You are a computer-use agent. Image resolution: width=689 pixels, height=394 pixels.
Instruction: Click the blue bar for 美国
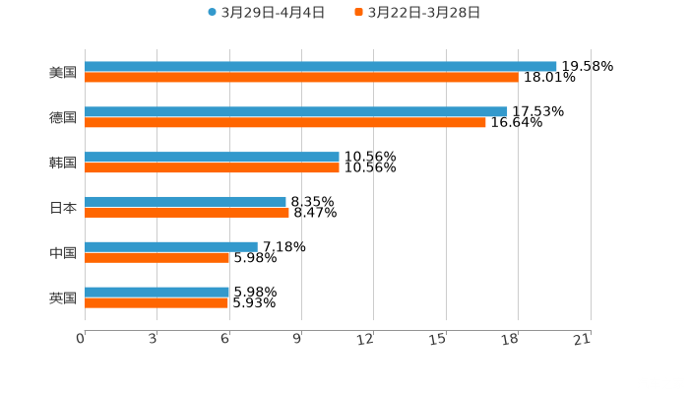coord(320,66)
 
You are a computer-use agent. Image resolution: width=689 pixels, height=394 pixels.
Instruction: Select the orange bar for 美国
coord(301,77)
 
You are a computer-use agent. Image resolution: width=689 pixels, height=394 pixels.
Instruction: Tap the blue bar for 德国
coord(295,111)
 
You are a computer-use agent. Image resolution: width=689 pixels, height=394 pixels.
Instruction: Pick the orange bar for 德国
coord(285,122)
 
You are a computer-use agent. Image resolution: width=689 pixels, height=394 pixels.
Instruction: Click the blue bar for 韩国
coord(212,157)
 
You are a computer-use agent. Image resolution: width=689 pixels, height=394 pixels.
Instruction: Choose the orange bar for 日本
coord(187,212)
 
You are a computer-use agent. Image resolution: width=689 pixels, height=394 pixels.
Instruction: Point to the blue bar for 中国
coord(171,246)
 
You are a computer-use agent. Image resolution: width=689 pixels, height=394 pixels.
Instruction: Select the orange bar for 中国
coord(157,257)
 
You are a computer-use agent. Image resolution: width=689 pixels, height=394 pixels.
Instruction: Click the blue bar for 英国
coord(157,292)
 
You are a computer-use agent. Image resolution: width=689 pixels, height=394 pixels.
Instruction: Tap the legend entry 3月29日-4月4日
coord(266,13)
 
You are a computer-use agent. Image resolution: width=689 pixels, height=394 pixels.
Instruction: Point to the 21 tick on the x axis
coord(582,339)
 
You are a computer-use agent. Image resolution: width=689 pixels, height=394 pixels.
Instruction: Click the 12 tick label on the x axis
coord(366,339)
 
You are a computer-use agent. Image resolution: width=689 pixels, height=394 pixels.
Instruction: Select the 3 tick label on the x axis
coord(154,339)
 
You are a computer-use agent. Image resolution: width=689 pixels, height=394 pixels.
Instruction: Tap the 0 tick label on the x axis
coord(82,339)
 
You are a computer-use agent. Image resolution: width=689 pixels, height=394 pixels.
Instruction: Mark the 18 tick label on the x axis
coord(510,339)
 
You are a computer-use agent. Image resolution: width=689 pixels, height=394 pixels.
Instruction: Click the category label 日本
coord(63,208)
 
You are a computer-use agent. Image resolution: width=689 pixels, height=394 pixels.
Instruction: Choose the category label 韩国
coord(63,163)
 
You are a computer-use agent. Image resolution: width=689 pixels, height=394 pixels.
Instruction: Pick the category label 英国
coord(63,297)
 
